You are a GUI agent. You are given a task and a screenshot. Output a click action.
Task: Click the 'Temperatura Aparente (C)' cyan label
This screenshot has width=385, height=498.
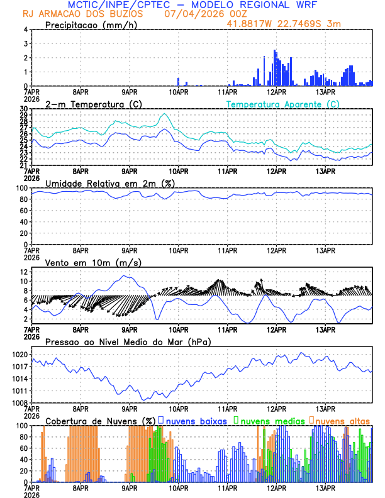(282, 104)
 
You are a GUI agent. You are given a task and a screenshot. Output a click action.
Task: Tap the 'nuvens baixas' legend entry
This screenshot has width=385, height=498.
(195, 420)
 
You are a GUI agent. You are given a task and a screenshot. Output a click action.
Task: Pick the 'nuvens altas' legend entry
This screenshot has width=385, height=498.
(342, 420)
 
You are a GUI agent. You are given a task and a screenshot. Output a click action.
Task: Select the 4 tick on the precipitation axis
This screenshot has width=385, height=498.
(26, 30)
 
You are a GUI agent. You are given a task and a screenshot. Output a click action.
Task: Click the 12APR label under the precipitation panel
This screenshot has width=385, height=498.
(276, 92)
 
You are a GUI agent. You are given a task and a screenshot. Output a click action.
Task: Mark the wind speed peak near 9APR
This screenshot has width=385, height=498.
(125, 275)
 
